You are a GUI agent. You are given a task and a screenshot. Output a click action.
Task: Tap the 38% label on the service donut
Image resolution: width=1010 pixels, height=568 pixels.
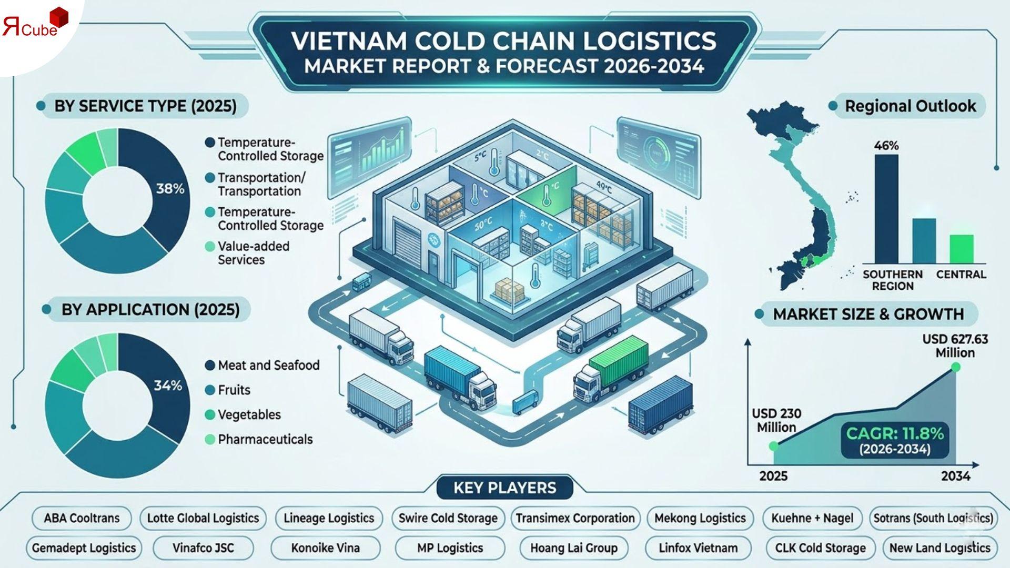pos(170,189)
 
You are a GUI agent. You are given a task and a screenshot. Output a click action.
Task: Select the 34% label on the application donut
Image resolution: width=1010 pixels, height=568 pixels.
pos(168,386)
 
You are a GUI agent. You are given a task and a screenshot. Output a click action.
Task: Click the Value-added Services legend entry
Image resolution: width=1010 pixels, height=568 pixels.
pos(254,253)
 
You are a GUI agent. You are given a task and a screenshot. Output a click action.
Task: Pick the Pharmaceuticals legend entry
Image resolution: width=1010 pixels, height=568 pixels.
pos(265,439)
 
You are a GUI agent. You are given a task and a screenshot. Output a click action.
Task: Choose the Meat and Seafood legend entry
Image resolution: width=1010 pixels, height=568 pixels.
pos(268,365)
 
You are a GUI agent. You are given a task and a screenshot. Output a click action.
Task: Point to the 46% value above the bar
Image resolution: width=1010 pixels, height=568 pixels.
pos(886,146)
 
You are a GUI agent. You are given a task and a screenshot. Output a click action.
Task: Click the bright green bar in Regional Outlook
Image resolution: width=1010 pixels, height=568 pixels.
pos(961,249)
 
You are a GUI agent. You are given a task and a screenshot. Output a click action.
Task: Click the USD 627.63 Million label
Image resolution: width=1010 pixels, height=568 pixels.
pos(955,346)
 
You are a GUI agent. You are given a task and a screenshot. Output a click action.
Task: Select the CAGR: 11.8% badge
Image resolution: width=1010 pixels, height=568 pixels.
pos(894,440)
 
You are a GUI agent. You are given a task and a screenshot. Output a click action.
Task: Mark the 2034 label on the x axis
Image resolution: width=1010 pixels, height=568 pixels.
pos(955,476)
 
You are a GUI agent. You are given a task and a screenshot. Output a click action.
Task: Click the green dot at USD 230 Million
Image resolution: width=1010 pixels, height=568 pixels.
pos(773,446)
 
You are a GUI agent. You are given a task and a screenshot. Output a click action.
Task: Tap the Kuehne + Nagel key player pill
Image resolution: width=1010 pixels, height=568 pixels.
pos(812,518)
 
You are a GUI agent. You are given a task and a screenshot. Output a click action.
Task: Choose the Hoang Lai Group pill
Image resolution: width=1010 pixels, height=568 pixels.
pos(573,548)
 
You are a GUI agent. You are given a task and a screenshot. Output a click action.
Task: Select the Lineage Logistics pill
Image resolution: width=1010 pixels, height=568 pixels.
pos(329,518)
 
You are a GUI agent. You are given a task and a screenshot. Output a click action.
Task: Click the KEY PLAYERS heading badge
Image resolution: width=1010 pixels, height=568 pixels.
pos(504,488)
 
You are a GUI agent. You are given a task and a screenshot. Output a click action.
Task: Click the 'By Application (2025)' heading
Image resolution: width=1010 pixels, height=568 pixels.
pos(150,309)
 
